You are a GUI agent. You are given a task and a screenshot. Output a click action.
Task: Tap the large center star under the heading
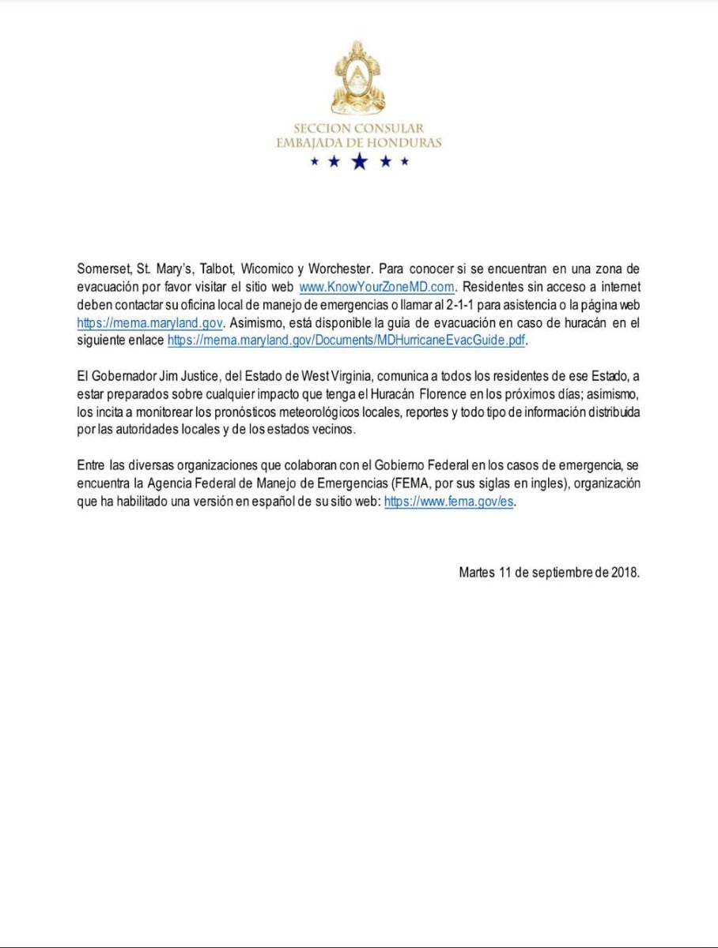click(360, 162)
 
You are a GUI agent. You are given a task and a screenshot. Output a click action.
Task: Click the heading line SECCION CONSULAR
click(359, 128)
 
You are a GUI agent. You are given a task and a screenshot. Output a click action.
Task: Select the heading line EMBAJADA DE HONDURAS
click(359, 143)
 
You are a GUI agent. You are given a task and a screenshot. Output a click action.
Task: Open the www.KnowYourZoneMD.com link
click(376, 285)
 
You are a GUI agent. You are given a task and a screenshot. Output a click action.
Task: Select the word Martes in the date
click(477, 573)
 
